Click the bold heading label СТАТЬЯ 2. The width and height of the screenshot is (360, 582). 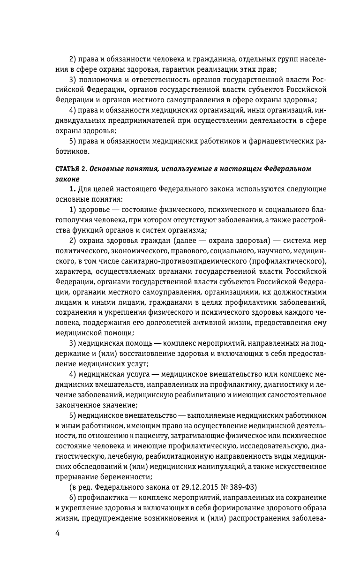71,168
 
